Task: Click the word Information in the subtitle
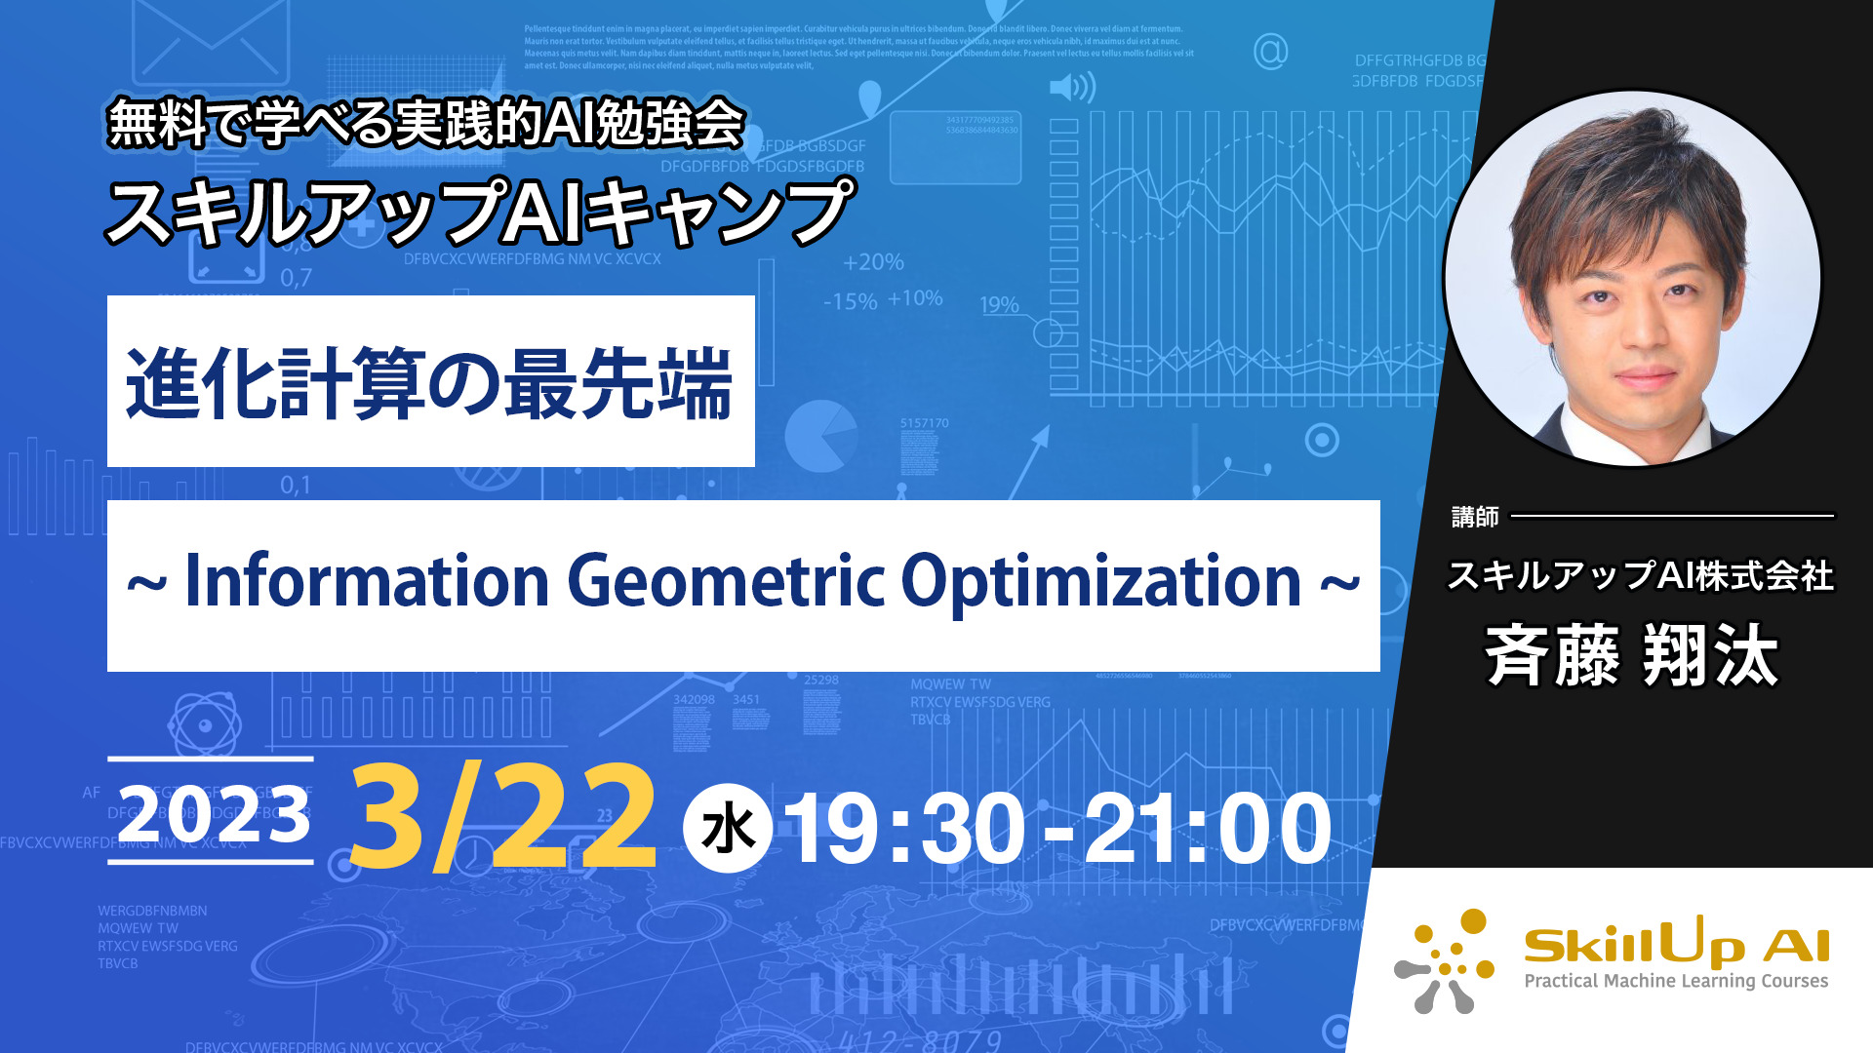click(x=367, y=582)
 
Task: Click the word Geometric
click(x=727, y=582)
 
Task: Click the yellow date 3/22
click(x=503, y=817)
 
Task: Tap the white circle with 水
click(x=728, y=829)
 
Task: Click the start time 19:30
click(x=904, y=830)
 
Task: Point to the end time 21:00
click(x=1208, y=830)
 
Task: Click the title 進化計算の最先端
click(x=429, y=383)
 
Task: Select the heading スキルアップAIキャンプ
click(x=479, y=212)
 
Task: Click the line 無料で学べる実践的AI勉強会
click(x=426, y=124)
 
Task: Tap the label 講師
click(x=1474, y=517)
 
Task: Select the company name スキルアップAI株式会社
click(x=1640, y=575)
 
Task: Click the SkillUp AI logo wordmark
click(x=1676, y=943)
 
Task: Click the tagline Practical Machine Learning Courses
click(x=1676, y=981)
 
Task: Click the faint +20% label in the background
click(x=873, y=262)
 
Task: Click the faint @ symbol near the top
click(x=1270, y=51)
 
